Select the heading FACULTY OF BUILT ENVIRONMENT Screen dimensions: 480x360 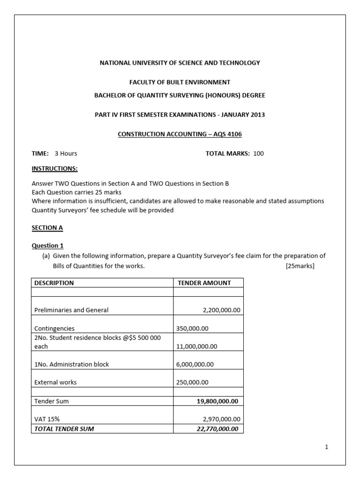click(x=180, y=82)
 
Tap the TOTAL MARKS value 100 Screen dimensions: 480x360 click(x=258, y=153)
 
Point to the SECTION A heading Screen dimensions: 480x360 click(x=47, y=228)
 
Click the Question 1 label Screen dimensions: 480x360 click(x=47, y=246)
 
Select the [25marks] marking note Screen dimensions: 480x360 click(x=300, y=266)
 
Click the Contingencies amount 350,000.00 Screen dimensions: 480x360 click(x=193, y=329)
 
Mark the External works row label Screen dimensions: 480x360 click(x=55, y=382)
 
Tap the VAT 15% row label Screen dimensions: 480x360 click(x=46, y=419)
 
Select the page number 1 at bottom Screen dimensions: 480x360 click(x=327, y=447)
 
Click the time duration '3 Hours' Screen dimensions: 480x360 click(x=66, y=153)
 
